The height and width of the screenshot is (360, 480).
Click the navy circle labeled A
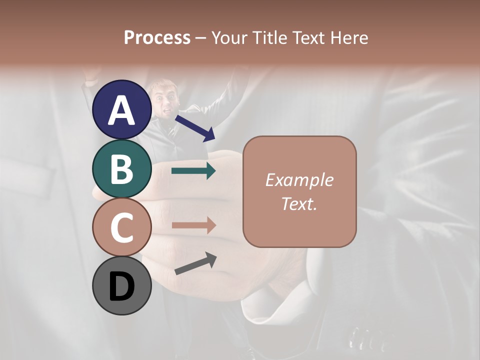pyautogui.click(x=121, y=109)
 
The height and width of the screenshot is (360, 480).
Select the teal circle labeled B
pyautogui.click(x=121, y=169)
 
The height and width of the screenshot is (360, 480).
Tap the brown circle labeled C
pyautogui.click(x=121, y=227)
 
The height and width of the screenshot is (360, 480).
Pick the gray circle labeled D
pyautogui.click(x=121, y=285)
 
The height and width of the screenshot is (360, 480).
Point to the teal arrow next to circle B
pyautogui.click(x=193, y=171)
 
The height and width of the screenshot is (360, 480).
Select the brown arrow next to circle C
pyautogui.click(x=193, y=225)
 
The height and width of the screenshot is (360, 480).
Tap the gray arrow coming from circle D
pyautogui.click(x=195, y=263)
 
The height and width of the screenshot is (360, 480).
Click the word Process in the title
pyautogui.click(x=157, y=37)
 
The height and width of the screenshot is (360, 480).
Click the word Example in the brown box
pyautogui.click(x=299, y=180)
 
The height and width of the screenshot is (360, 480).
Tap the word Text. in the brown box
pyautogui.click(x=299, y=203)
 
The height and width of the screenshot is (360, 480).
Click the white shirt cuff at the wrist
pyautogui.click(x=265, y=305)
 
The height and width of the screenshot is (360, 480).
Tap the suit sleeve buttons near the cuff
pyautogui.click(x=362, y=337)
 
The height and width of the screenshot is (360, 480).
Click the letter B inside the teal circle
pyautogui.click(x=121, y=169)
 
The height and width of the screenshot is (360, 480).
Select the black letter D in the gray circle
pyautogui.click(x=121, y=286)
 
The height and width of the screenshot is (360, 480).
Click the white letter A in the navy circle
pyautogui.click(x=121, y=110)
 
